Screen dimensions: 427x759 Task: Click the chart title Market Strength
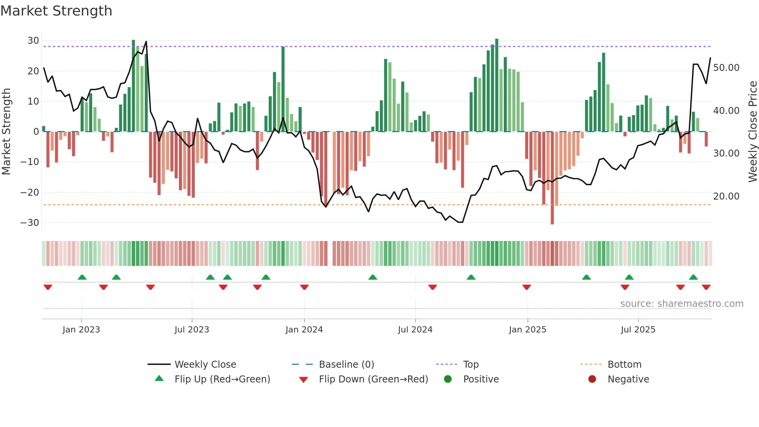point(56,11)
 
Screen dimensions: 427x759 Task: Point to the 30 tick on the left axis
point(33,41)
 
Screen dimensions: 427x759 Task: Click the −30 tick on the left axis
point(30,223)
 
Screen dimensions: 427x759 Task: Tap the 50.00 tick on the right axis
point(726,68)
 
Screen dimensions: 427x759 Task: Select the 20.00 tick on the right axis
point(726,196)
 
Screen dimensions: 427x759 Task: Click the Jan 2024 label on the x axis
point(304,330)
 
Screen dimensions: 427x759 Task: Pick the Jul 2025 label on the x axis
point(638,330)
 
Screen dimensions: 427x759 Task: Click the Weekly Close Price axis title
point(752,132)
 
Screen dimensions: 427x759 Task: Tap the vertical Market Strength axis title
point(6,132)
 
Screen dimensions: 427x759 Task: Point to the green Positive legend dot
point(448,379)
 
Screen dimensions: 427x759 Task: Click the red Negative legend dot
point(592,379)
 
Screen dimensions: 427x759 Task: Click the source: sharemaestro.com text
point(682,304)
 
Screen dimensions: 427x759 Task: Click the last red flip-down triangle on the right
point(706,287)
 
